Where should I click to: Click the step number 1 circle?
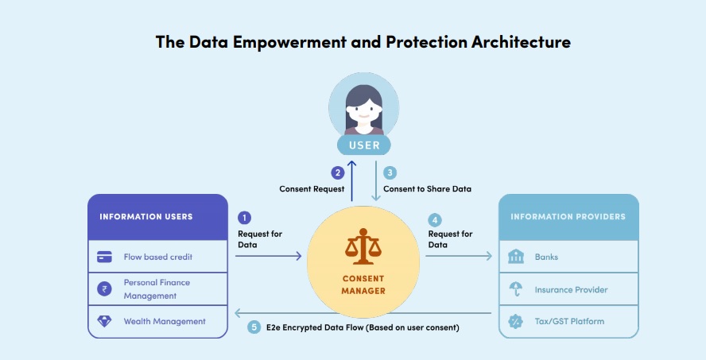click(244, 218)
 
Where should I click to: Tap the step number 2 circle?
click(337, 172)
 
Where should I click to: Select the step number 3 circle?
click(390, 172)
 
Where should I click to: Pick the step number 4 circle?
click(435, 220)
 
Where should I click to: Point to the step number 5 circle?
click(254, 327)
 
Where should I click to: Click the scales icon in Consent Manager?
click(363, 246)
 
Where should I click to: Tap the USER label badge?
click(364, 145)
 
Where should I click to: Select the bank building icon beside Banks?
click(516, 257)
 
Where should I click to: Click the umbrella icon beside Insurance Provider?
click(516, 289)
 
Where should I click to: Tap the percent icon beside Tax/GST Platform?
click(515, 321)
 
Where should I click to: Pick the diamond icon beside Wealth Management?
click(104, 321)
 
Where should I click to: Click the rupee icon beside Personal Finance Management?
click(104, 288)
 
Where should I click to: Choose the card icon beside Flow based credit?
click(104, 257)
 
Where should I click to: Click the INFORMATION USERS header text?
click(145, 217)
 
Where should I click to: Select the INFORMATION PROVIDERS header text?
click(568, 217)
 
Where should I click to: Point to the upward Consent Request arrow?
click(352, 181)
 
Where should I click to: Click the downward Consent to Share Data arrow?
click(376, 181)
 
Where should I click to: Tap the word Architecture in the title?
click(521, 42)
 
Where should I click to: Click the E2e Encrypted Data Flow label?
click(363, 327)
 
